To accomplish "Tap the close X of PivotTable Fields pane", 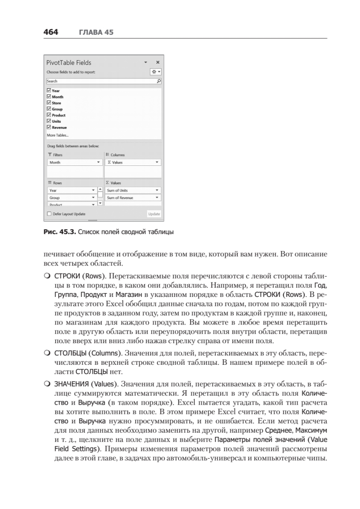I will (158, 62).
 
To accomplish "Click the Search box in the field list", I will (102, 81).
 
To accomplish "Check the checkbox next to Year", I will (49, 91).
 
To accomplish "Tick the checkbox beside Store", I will (49, 103).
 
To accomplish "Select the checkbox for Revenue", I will (49, 127).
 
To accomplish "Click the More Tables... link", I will (57, 135).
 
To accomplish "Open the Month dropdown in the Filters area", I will (99, 162).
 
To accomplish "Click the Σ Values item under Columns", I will (133, 162).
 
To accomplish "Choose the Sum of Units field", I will (133, 190).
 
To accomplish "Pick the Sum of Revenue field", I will (133, 198).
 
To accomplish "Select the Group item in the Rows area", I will (71, 198).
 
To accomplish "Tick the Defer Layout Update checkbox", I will (49, 214).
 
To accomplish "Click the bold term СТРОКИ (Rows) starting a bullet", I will (78, 275).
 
